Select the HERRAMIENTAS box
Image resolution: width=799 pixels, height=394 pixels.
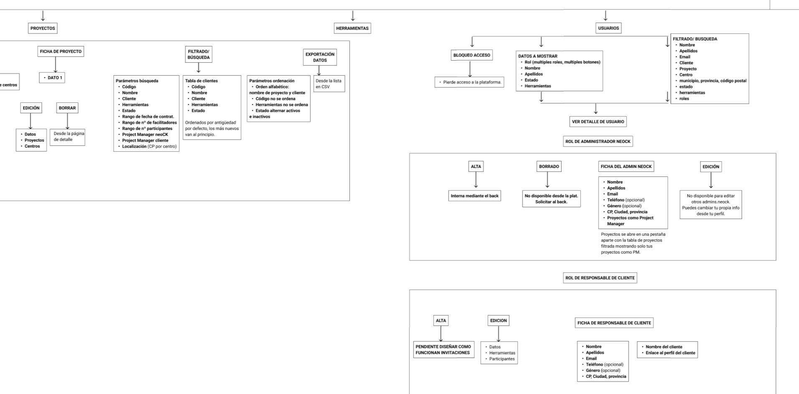[353, 28]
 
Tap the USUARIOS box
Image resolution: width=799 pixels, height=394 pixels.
[608, 28]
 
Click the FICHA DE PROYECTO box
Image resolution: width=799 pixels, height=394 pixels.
[61, 51]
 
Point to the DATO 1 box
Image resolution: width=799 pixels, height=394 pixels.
[52, 78]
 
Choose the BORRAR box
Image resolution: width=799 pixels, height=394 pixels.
[67, 108]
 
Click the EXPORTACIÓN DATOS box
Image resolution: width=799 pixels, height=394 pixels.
[320, 57]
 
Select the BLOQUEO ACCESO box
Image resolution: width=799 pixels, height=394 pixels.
[472, 55]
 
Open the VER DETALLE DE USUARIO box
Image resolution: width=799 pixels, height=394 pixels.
[598, 122]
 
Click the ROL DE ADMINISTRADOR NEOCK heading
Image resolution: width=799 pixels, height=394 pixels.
[598, 142]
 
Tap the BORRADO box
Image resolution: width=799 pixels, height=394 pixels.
[549, 166]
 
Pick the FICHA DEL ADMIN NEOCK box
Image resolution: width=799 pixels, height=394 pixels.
[626, 166]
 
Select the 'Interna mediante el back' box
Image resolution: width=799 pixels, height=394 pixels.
[474, 196]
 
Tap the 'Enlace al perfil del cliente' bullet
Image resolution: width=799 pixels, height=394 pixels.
[670, 353]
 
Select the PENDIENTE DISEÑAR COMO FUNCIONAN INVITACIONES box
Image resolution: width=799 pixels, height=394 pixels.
[443, 350]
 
